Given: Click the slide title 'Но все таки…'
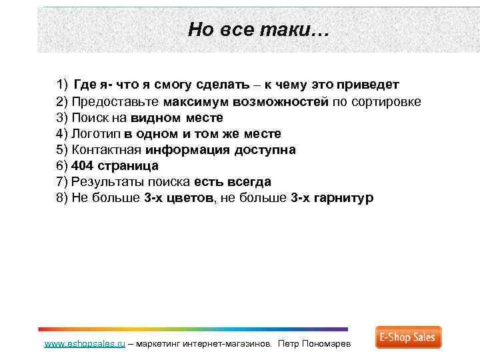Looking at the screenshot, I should point(258,29).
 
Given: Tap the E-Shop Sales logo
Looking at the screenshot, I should point(408,337).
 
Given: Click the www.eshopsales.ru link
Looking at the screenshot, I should point(85,344).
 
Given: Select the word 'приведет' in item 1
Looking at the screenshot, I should point(368,85).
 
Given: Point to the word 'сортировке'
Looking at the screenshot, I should point(387,102).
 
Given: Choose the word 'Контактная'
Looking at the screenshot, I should point(107,150).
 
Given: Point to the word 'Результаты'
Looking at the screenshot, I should point(107,182).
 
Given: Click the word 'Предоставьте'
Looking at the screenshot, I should point(115,102).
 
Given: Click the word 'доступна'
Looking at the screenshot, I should point(264,150).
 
